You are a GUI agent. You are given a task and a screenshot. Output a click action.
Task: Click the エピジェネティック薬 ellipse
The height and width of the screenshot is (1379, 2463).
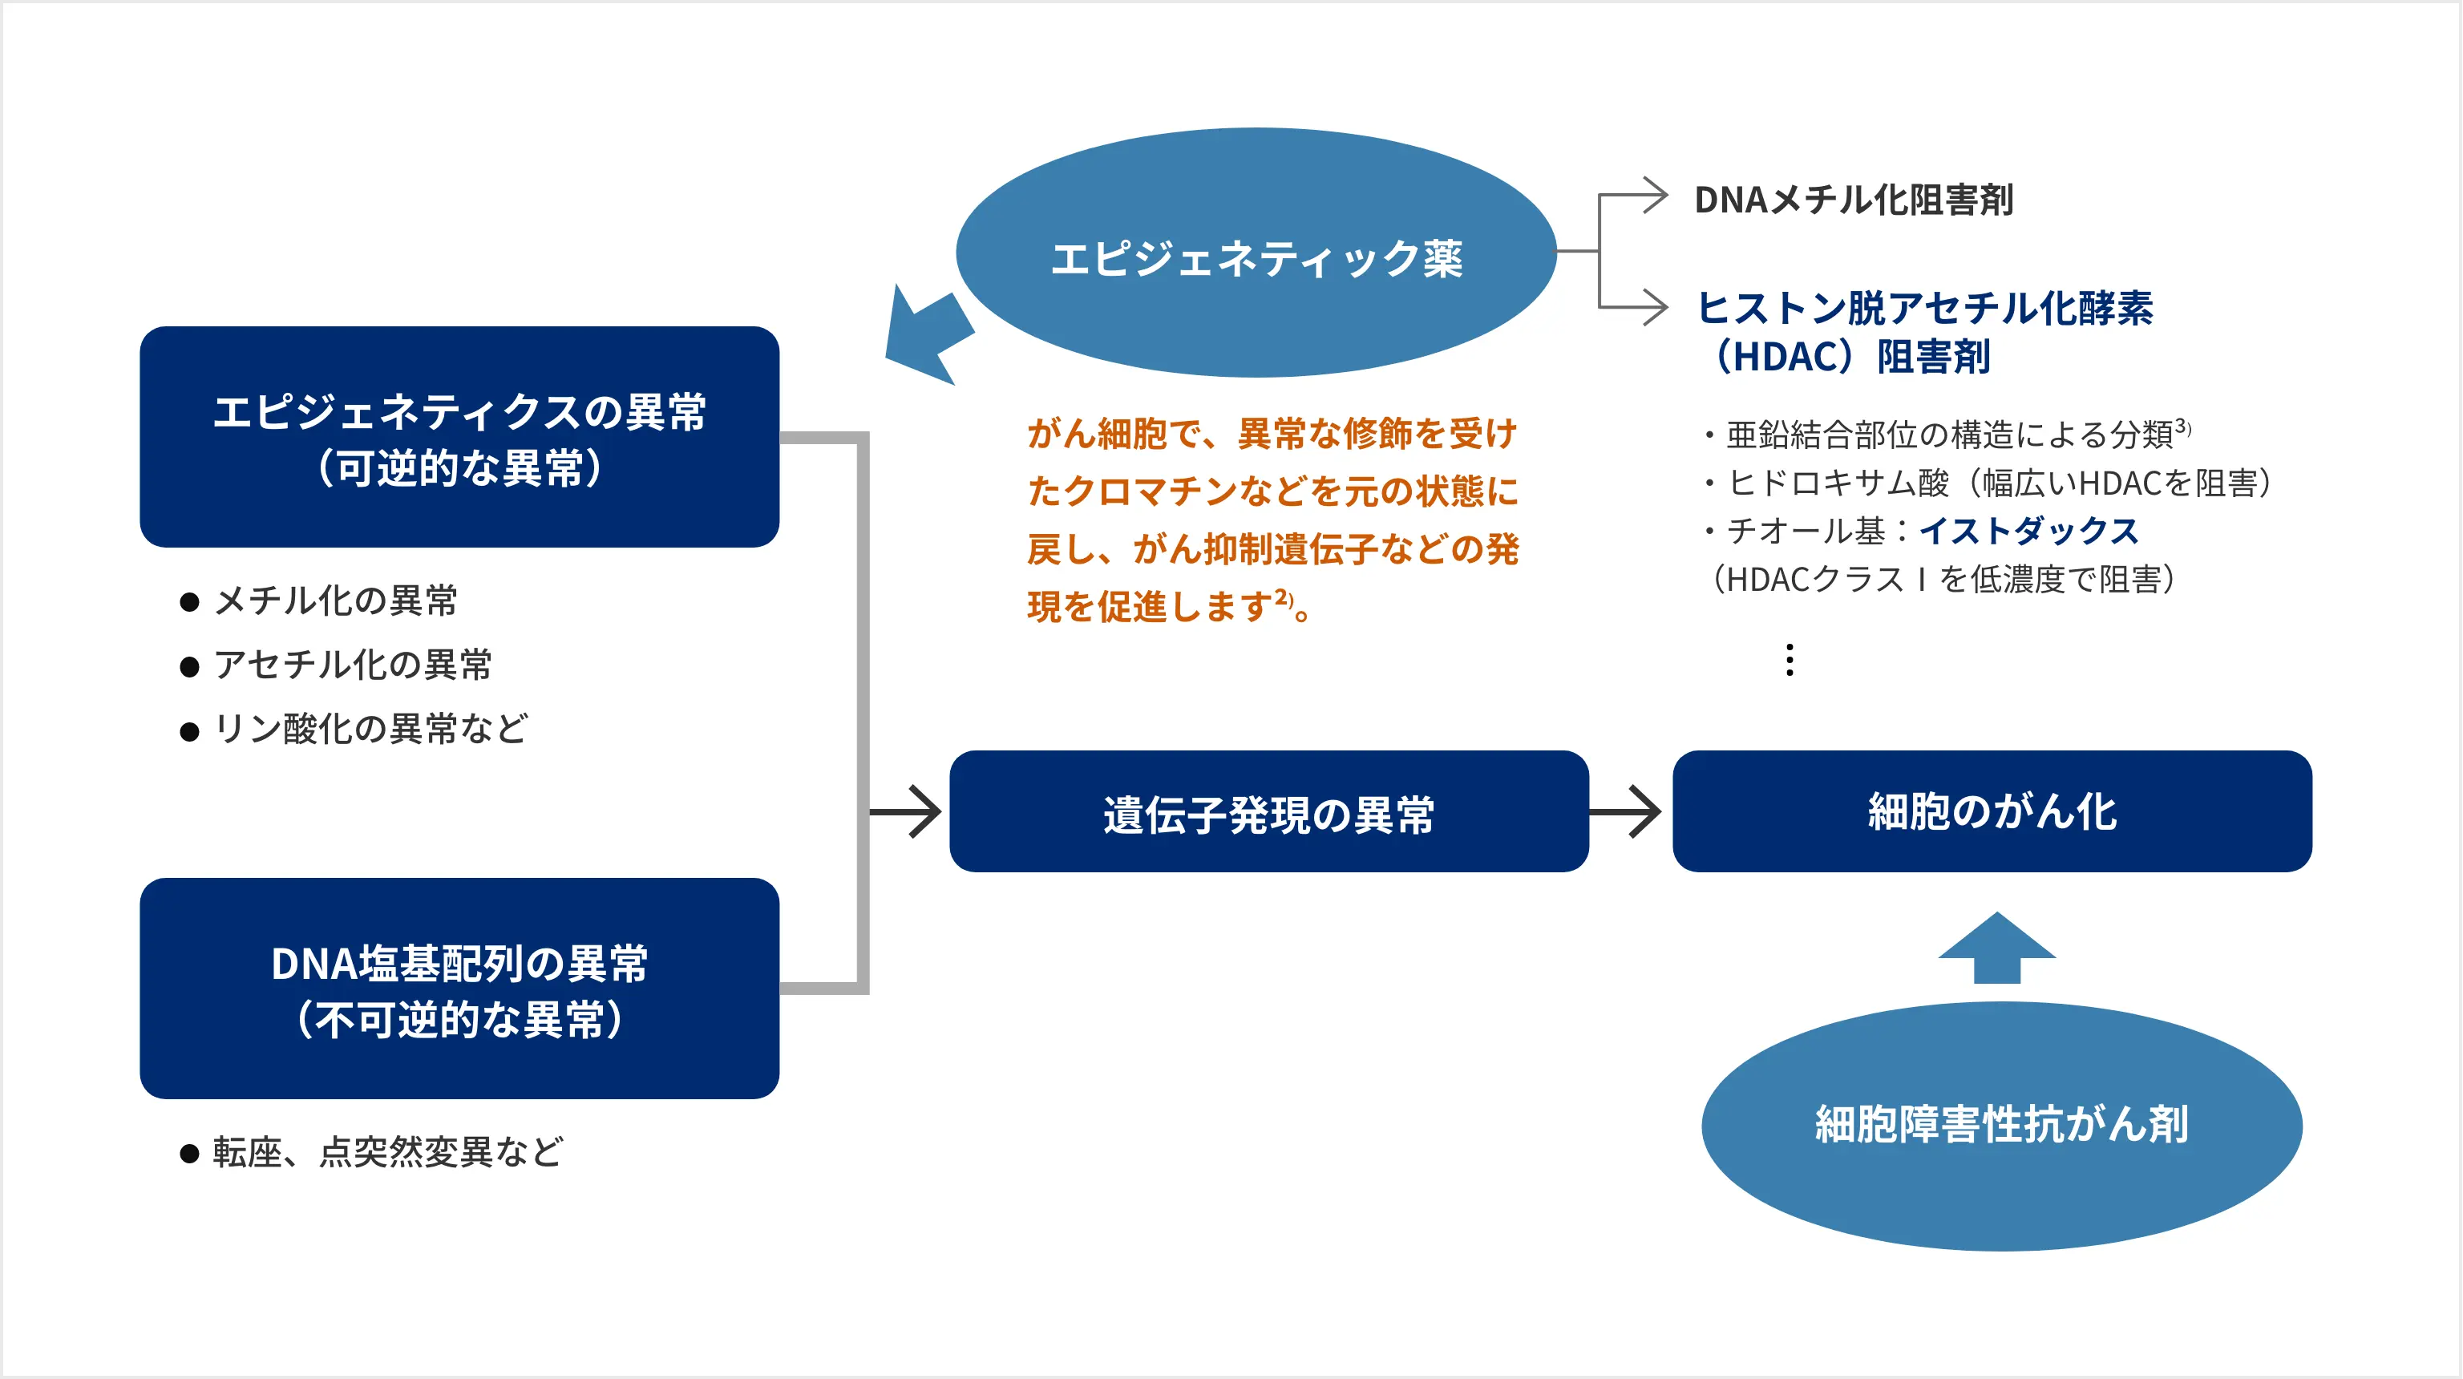pyautogui.click(x=1256, y=253)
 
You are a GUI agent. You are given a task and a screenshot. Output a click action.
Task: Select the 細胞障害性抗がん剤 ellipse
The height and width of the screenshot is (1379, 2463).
pyautogui.click(x=2001, y=1126)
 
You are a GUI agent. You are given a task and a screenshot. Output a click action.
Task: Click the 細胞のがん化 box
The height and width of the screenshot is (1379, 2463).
pyautogui.click(x=1992, y=812)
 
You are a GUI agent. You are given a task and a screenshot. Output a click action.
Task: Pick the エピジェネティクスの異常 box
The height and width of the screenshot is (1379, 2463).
pyautogui.click(x=459, y=437)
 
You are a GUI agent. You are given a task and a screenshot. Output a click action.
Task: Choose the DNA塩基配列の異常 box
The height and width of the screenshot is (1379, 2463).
pyautogui.click(x=459, y=989)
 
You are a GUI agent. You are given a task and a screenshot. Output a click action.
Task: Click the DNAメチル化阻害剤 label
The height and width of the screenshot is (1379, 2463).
pyautogui.click(x=1853, y=200)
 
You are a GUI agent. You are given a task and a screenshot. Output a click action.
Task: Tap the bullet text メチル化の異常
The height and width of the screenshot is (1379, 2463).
pyautogui.click(x=334, y=601)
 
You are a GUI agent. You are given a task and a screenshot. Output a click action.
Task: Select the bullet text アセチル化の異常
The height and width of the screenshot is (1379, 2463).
pyautogui.click(x=352, y=665)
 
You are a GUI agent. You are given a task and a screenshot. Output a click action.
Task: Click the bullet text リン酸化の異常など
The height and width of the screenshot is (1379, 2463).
pyautogui.click(x=369, y=729)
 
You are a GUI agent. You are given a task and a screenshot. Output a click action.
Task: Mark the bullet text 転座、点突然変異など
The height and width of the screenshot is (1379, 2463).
pyautogui.click(x=387, y=1152)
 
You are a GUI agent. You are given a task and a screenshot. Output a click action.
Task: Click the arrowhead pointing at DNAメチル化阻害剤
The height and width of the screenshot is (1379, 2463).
pyautogui.click(x=1654, y=196)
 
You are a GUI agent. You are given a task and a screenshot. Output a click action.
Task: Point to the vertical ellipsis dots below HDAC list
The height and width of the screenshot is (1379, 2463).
pyautogui.click(x=1789, y=660)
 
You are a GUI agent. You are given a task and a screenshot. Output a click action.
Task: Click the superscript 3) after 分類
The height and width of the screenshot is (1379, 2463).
pyautogui.click(x=2183, y=426)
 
